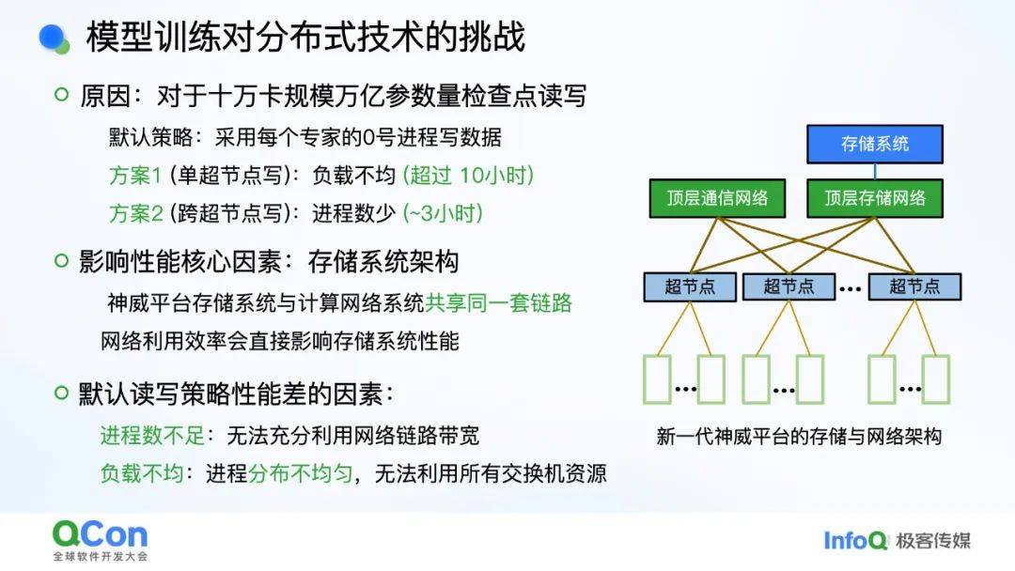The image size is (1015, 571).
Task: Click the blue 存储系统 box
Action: (x=875, y=144)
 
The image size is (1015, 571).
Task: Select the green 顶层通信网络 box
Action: (x=717, y=198)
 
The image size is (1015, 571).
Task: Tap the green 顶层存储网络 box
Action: (x=875, y=198)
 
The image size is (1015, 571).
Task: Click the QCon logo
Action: (x=100, y=540)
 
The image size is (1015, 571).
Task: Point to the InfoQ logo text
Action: (x=854, y=540)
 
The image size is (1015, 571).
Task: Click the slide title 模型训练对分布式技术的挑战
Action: (x=304, y=37)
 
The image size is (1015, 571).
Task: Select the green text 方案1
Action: (x=135, y=176)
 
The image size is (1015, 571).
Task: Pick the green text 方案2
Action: (x=135, y=213)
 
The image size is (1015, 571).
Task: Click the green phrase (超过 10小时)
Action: (x=468, y=176)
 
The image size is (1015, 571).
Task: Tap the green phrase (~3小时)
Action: (x=443, y=213)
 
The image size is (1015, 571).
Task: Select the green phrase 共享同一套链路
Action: (x=498, y=302)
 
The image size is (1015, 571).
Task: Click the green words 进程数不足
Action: (x=152, y=435)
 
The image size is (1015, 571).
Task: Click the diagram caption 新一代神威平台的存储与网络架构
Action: (x=799, y=437)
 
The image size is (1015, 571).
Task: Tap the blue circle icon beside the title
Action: (x=53, y=38)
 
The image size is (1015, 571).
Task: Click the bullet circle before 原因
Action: (x=61, y=95)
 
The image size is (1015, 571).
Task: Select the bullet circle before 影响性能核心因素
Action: (x=61, y=260)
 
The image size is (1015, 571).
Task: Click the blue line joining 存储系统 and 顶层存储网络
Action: (x=875, y=171)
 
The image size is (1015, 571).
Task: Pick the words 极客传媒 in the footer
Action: (x=933, y=541)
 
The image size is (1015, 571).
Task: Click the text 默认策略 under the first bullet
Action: (x=150, y=137)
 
